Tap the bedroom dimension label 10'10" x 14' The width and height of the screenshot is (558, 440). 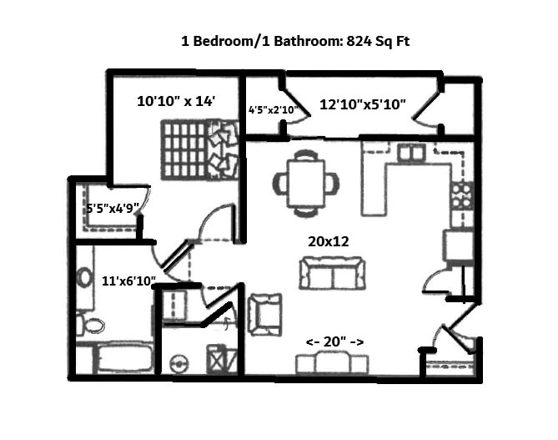point(176,102)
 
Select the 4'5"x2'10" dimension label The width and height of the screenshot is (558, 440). point(272,109)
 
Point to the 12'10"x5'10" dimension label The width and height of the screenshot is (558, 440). point(363,104)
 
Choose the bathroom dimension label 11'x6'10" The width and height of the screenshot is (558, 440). point(128,281)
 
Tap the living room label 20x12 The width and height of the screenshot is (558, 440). point(328,241)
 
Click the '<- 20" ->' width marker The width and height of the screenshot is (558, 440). point(334,341)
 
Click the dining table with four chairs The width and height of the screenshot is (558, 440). point(306,183)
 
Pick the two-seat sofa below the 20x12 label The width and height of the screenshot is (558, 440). point(333,273)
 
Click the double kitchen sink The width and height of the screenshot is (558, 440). point(410,153)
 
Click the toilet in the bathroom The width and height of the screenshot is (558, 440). point(90,325)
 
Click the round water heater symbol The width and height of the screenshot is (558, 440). point(176,363)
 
